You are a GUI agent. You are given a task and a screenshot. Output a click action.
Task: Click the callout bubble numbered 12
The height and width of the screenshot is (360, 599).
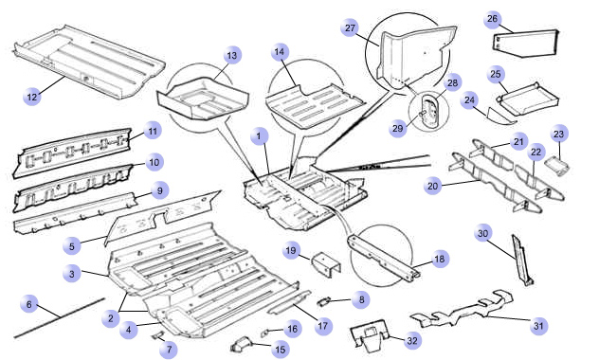[32, 97]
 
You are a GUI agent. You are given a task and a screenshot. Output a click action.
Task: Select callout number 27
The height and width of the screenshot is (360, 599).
[350, 27]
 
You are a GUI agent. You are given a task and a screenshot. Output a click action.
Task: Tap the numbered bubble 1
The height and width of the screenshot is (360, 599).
[260, 135]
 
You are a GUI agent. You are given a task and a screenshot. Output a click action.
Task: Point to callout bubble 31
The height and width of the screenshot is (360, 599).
[538, 326]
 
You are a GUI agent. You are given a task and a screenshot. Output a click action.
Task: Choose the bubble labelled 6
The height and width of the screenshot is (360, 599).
[29, 304]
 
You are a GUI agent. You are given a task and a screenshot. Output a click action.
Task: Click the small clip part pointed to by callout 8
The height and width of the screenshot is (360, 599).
[323, 302]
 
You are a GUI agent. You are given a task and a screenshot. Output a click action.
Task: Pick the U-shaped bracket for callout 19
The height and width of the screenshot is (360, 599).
[326, 263]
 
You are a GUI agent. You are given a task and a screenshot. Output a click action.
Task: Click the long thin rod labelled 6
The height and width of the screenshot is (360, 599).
[59, 318]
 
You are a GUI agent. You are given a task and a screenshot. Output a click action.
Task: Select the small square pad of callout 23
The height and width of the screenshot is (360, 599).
[560, 167]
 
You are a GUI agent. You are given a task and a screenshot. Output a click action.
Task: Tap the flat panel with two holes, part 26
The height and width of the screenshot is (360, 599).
[526, 44]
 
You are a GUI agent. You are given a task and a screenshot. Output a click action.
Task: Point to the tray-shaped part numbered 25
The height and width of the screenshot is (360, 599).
[528, 99]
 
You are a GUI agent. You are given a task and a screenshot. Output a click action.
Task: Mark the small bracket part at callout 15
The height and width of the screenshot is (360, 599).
[240, 344]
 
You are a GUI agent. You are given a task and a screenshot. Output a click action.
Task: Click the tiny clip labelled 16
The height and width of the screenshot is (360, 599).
[265, 333]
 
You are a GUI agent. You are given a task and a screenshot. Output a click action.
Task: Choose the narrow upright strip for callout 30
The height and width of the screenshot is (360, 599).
[521, 260]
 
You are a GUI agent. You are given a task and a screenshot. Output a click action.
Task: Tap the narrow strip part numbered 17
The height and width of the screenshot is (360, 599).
[289, 302]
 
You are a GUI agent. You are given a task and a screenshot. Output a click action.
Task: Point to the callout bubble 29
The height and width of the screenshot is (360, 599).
[398, 128]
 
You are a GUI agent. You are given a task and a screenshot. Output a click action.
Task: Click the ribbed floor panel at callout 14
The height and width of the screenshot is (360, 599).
[315, 106]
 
